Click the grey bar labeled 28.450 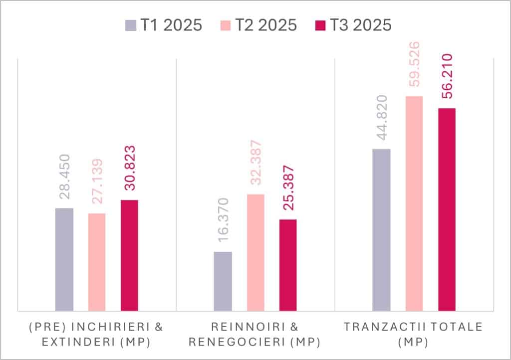coord(64,259)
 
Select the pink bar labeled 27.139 coord(97,262)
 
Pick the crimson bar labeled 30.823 coord(129,255)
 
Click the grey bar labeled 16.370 coord(223,281)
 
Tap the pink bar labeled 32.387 coord(255,252)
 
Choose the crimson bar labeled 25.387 coord(288,265)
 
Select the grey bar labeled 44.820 coord(381,229)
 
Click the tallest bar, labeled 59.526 coord(414,203)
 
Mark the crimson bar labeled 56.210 coord(447,209)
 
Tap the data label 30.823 coord(130,168)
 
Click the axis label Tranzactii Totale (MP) coord(414,334)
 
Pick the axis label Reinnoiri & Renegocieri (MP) coord(255,334)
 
